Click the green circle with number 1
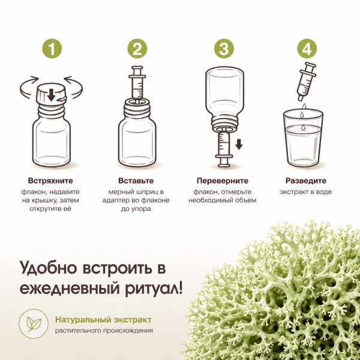point(52,49)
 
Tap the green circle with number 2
point(137,49)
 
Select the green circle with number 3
point(224,49)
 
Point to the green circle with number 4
point(307,49)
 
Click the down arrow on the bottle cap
point(51,95)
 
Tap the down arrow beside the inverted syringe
point(239,144)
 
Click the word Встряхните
point(50,181)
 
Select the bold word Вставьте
point(136,181)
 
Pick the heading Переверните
point(223,181)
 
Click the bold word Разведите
point(306,181)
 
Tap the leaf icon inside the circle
point(34,324)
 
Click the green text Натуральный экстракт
point(103,320)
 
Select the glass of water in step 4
point(303,139)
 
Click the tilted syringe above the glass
point(307,81)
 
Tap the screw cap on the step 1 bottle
point(52,94)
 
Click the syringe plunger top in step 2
point(137,68)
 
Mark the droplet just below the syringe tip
point(304,106)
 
